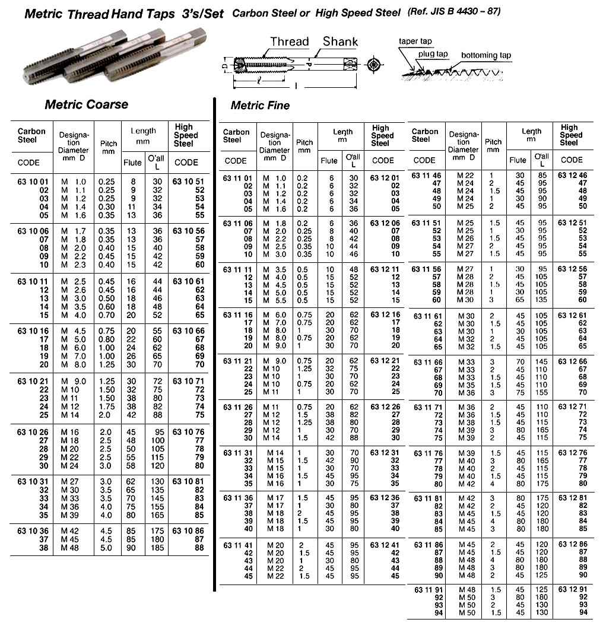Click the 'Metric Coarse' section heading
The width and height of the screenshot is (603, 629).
87,104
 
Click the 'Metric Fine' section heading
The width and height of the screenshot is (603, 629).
260,106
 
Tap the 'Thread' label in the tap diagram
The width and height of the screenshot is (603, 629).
290,42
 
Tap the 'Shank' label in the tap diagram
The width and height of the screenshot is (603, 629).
340,41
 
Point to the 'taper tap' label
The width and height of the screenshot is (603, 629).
415,42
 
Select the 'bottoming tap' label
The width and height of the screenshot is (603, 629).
486,55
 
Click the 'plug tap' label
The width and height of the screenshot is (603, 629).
433,54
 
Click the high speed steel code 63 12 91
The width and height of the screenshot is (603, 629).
572,590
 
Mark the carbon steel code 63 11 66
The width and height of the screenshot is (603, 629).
429,362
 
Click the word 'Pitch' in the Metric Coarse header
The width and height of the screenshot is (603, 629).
109,143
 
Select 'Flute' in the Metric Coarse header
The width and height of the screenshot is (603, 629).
132,163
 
